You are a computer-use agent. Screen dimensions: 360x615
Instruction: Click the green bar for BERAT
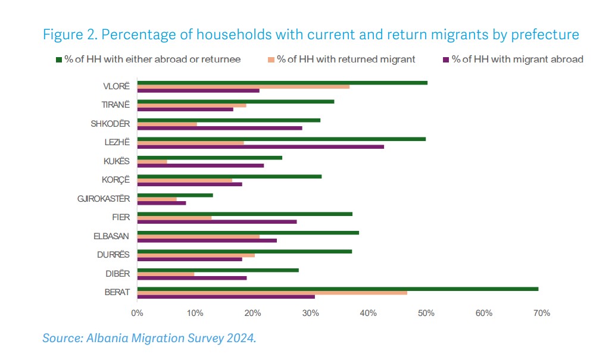[338, 289]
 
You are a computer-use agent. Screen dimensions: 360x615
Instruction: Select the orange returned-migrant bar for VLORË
[243, 87]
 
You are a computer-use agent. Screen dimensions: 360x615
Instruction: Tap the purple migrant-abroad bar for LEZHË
[260, 146]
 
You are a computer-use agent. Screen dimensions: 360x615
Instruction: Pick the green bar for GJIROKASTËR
[175, 195]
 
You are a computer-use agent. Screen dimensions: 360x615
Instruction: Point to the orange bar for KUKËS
[152, 161]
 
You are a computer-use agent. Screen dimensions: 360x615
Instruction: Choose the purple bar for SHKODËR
[219, 128]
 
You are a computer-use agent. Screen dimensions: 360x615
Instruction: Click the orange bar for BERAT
[272, 293]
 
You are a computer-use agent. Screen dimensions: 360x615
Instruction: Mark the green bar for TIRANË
[235, 102]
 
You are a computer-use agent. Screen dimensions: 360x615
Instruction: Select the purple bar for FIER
[217, 221]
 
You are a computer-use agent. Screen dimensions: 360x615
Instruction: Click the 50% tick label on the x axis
[426, 313]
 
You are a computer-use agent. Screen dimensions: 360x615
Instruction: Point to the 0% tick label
[137, 313]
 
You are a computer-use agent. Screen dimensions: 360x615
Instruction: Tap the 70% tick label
[541, 313]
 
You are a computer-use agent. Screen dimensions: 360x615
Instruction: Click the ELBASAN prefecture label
[111, 236]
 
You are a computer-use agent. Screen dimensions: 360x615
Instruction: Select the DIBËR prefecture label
[118, 274]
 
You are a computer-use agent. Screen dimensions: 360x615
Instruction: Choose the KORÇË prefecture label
[116, 180]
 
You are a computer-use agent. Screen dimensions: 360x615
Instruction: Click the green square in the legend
[58, 60]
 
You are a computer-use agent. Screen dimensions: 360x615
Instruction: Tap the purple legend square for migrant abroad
[446, 60]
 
